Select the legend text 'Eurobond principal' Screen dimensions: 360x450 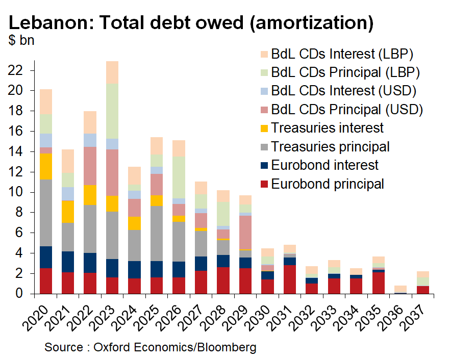point(328,184)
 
